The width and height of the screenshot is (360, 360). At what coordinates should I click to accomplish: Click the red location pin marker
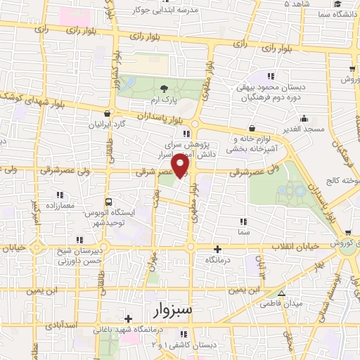[x=181, y=165]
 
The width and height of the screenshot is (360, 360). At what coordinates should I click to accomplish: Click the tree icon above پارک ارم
[x=164, y=89]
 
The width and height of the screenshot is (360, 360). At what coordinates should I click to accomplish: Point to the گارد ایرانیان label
[x=105, y=124]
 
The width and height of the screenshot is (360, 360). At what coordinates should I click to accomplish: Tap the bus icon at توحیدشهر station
[x=108, y=200]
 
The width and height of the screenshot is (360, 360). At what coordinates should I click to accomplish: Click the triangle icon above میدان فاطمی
[x=281, y=293]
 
